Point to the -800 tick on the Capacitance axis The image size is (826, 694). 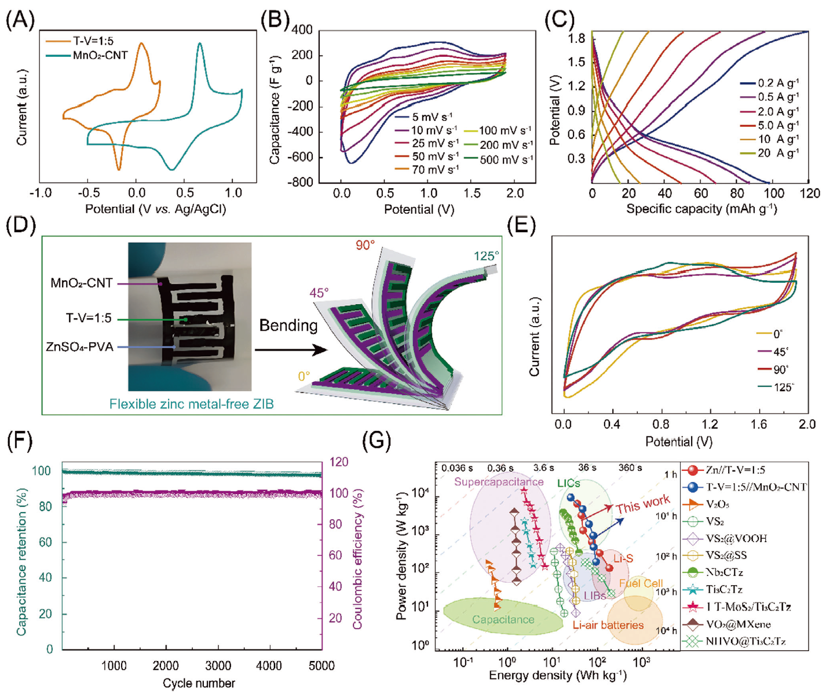pyautogui.click(x=301, y=182)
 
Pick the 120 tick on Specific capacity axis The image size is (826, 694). pyautogui.click(x=809, y=193)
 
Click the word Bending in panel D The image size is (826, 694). pyautogui.click(x=288, y=326)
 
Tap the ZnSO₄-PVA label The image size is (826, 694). pyautogui.click(x=79, y=347)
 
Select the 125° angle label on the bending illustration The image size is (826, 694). pyautogui.click(x=485, y=256)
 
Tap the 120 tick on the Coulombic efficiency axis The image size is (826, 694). pyautogui.click(x=339, y=462)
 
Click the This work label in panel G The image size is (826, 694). pyautogui.click(x=643, y=505)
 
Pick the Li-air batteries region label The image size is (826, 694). pyautogui.click(x=608, y=625)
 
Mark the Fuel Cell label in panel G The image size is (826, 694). pyautogui.click(x=640, y=583)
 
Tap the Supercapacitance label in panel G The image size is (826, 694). pyautogui.click(x=499, y=482)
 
